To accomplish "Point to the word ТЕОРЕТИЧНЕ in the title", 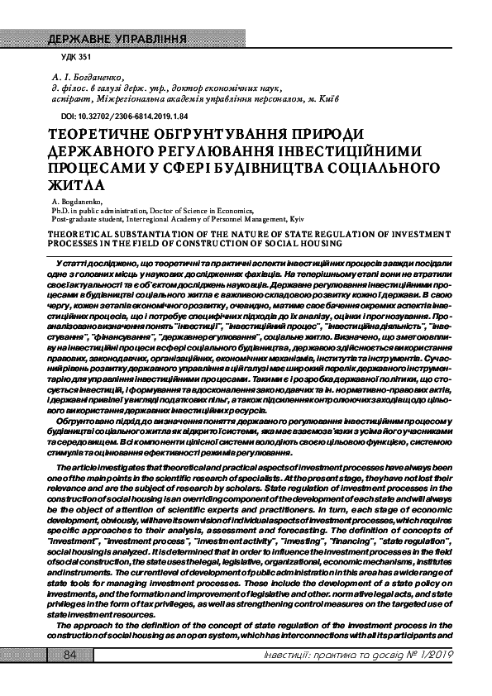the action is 103,134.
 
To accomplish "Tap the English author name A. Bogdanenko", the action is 76,202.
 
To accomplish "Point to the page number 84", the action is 69,655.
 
